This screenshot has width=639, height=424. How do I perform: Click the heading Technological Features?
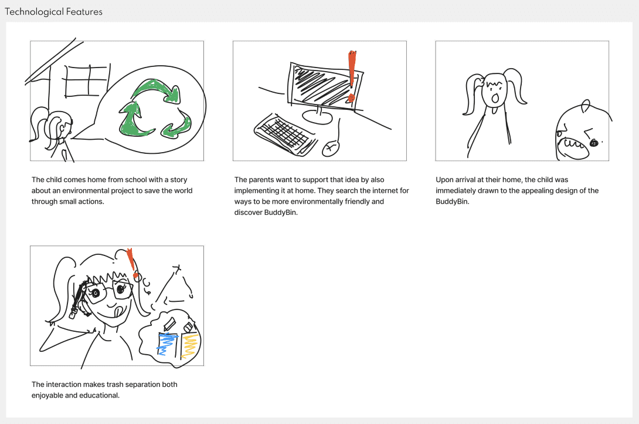(x=53, y=12)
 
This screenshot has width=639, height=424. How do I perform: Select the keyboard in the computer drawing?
(x=285, y=134)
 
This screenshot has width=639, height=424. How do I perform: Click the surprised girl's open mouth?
(x=495, y=98)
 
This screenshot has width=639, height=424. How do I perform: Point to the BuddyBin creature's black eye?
(x=594, y=143)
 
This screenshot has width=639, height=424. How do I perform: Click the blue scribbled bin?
(x=167, y=344)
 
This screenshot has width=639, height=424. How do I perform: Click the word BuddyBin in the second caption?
(x=280, y=212)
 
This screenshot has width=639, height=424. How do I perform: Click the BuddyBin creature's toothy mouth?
(x=575, y=147)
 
